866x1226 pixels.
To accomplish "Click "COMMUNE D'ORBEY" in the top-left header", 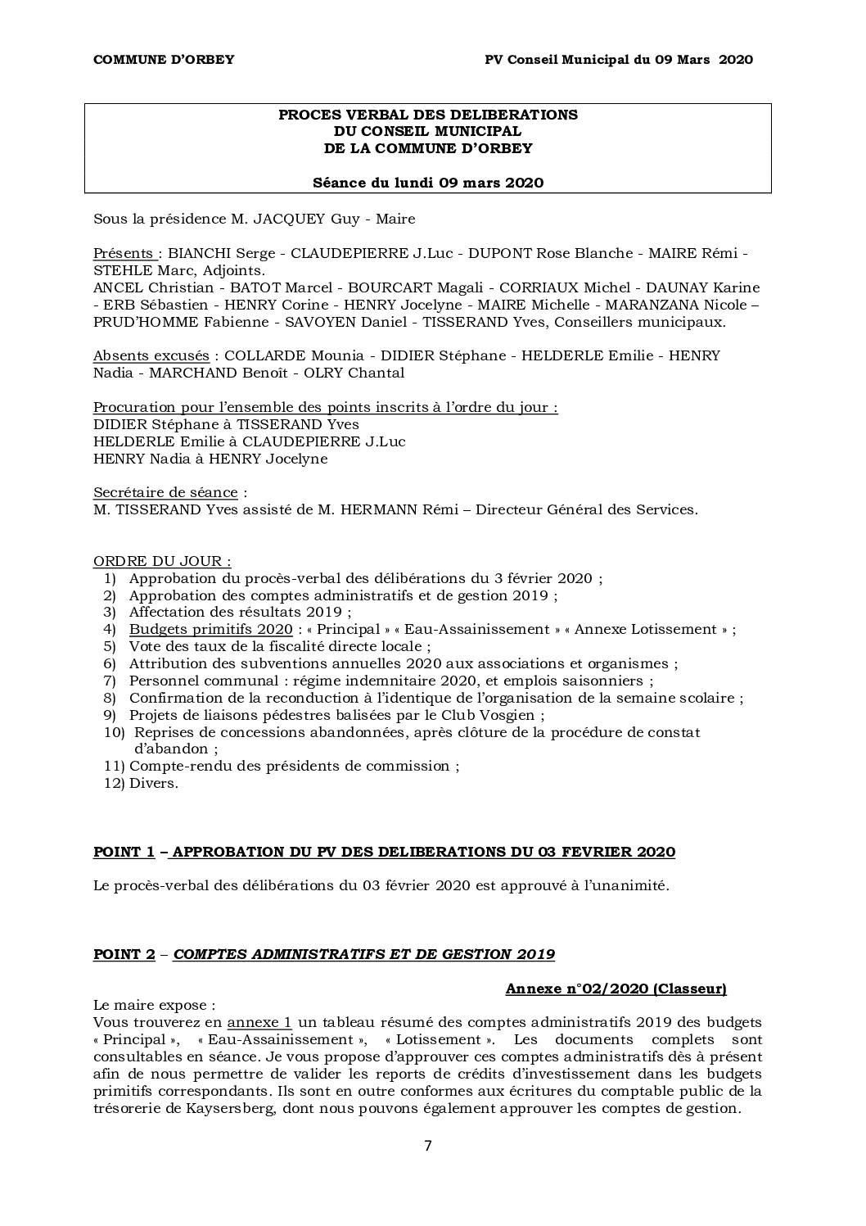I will (x=164, y=59).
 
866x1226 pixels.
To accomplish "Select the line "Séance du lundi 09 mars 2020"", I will (x=428, y=183).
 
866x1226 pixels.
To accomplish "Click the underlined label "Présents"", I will (x=123, y=253).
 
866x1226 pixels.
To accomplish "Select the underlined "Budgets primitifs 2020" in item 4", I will (x=210, y=629).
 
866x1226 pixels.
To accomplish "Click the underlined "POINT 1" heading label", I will (x=124, y=852).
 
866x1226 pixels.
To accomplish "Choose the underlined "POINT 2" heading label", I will (x=124, y=954).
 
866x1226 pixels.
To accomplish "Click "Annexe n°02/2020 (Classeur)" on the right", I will (x=616, y=988).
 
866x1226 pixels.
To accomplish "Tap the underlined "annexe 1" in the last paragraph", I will (x=259, y=1022).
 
